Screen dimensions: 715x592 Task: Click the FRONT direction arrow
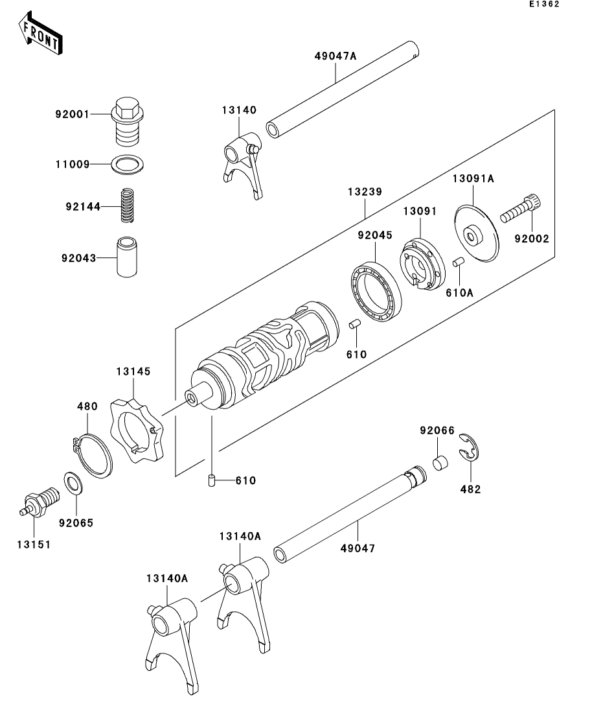tap(41, 36)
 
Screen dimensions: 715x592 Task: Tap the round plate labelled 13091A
tap(479, 233)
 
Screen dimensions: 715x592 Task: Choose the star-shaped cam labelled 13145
tap(137, 431)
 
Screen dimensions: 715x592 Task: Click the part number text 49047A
tap(336, 56)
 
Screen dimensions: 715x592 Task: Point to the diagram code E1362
tap(543, 5)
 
